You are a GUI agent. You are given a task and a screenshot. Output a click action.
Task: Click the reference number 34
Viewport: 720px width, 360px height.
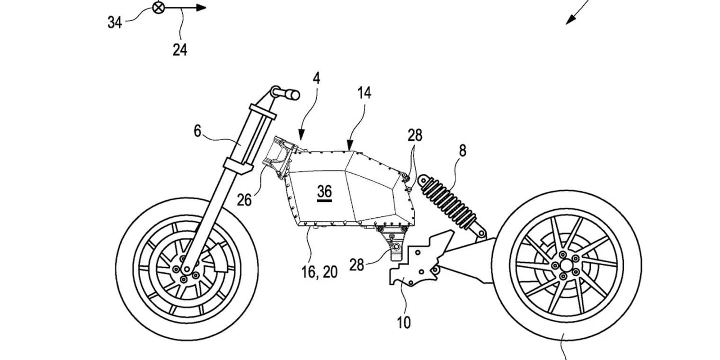(115, 21)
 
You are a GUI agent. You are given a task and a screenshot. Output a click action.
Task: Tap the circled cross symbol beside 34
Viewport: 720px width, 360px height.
(158, 8)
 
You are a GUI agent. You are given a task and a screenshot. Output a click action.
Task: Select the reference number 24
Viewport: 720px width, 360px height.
(179, 49)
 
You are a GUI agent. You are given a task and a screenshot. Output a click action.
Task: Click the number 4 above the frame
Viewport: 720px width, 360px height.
(316, 78)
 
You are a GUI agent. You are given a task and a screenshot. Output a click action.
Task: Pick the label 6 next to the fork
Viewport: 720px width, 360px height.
(198, 131)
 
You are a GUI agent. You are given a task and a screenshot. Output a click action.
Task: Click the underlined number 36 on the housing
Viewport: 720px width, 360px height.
(325, 191)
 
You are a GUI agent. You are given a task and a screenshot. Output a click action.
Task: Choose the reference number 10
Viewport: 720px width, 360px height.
(404, 323)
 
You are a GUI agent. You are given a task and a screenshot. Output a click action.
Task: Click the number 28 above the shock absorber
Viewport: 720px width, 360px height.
(415, 135)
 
